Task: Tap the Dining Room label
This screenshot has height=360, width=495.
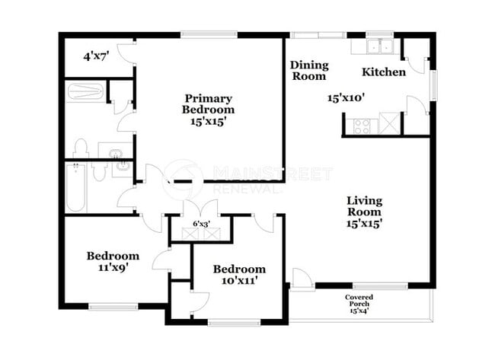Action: pyautogui.click(x=308, y=71)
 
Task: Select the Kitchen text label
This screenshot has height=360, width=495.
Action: pyautogui.click(x=383, y=72)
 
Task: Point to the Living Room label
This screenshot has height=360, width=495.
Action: pyautogui.click(x=364, y=212)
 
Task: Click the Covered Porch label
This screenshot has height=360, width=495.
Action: pyautogui.click(x=358, y=303)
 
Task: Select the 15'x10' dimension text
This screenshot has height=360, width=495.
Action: pyautogui.click(x=347, y=97)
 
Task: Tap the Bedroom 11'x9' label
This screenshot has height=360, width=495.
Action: pyautogui.click(x=112, y=261)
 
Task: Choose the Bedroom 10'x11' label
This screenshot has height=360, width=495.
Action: pyautogui.click(x=239, y=274)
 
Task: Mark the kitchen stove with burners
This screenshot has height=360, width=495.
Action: pyautogui.click(x=360, y=124)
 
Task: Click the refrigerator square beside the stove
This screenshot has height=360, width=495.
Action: pyautogui.click(x=388, y=123)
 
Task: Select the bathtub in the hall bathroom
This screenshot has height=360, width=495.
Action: pyautogui.click(x=76, y=188)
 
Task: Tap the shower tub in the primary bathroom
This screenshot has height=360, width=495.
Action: pyautogui.click(x=85, y=92)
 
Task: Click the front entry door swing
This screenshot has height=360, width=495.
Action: pyautogui.click(x=301, y=279)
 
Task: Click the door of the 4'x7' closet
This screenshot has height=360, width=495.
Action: pyautogui.click(x=127, y=52)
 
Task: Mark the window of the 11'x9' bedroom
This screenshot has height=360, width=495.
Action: pyautogui.click(x=111, y=307)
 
